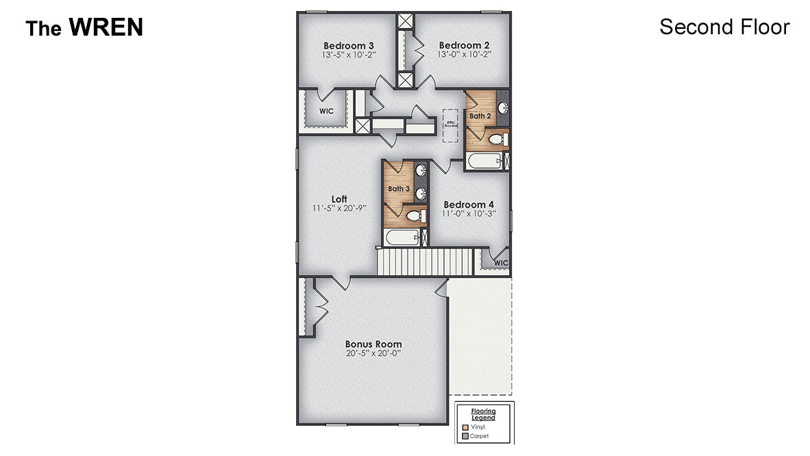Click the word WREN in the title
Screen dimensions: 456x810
(x=106, y=27)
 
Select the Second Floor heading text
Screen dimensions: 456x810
(x=724, y=27)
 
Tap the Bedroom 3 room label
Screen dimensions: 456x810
(x=348, y=45)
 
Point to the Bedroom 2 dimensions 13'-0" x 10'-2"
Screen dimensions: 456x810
(x=464, y=54)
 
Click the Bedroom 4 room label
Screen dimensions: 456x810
(x=469, y=204)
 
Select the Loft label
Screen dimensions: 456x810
(x=339, y=199)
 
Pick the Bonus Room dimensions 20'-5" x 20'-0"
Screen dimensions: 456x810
(x=373, y=353)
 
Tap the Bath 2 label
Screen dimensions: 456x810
(x=480, y=116)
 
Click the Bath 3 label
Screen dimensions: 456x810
(x=398, y=189)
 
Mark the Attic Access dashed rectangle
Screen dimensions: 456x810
(x=450, y=125)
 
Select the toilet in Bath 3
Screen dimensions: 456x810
(x=415, y=216)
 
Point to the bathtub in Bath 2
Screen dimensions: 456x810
(x=484, y=162)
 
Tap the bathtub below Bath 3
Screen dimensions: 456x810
(x=401, y=238)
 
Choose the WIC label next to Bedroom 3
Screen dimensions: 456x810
(x=326, y=110)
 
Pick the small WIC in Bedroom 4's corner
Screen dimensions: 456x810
(x=501, y=262)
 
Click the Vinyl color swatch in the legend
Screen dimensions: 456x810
(x=465, y=427)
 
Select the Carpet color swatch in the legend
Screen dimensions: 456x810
(x=465, y=435)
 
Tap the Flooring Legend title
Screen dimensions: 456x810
(x=483, y=414)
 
